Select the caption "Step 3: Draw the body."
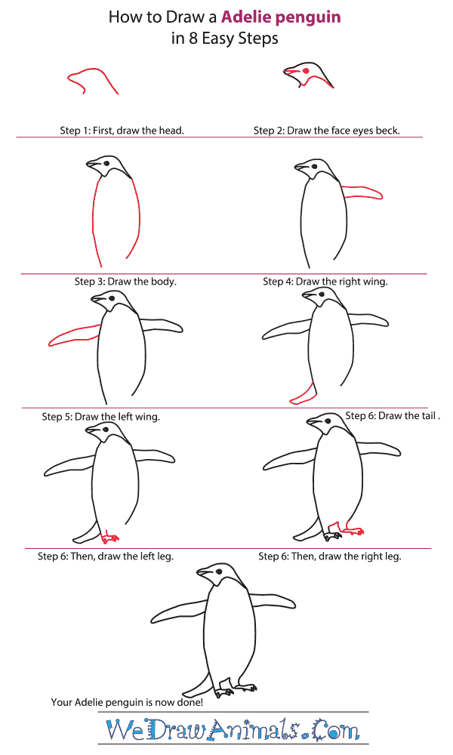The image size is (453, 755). coord(125,282)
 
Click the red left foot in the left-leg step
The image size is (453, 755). coord(110,537)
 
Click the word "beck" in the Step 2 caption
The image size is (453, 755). coord(387,131)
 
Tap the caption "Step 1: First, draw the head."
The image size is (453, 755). coord(122,131)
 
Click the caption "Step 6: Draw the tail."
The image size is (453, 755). coord(392,415)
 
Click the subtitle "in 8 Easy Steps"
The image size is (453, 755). coord(225,39)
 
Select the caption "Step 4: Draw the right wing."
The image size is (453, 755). coord(325,282)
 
